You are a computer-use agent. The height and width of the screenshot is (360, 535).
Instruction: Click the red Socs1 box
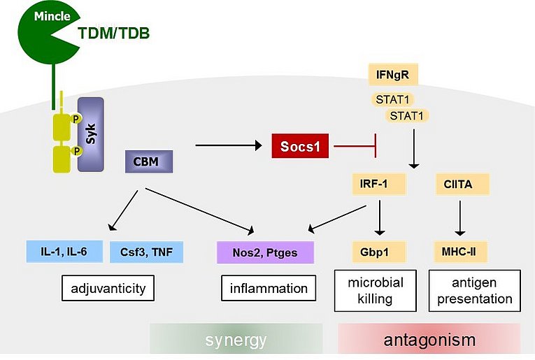pyautogui.click(x=300, y=146)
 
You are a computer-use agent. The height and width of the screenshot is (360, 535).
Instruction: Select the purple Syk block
pyautogui.click(x=91, y=134)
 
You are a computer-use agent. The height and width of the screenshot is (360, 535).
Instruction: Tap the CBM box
pyautogui.click(x=149, y=161)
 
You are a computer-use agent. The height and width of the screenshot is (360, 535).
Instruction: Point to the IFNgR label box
pyautogui.click(x=393, y=74)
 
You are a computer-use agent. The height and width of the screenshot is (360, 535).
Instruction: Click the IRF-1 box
pyautogui.click(x=379, y=184)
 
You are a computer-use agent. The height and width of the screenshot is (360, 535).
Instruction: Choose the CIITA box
pyautogui.click(x=462, y=184)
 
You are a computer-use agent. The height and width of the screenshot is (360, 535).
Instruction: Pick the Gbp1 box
pyautogui.click(x=379, y=252)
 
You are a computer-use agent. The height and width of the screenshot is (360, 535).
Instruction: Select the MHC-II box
pyautogui.click(x=461, y=252)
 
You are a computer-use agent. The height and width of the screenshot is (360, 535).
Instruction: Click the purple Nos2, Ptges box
pyautogui.click(x=266, y=252)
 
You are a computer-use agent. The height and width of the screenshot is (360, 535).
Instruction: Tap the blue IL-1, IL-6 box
pyautogui.click(x=64, y=252)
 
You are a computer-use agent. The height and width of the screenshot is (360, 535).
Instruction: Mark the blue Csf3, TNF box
pyautogui.click(x=146, y=252)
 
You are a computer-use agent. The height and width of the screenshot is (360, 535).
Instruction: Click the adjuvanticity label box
pyautogui.click(x=108, y=288)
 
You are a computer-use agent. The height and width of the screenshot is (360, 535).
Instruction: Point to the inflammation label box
pyautogui.click(x=269, y=288)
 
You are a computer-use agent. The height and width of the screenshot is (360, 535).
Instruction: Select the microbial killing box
pyautogui.click(x=376, y=291)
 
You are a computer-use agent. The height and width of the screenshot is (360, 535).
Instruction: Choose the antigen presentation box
pyautogui.click(x=475, y=291)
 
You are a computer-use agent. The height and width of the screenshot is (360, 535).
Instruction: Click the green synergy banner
pyautogui.click(x=236, y=339)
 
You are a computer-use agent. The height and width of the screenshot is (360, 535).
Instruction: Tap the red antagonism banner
pyautogui.click(x=429, y=339)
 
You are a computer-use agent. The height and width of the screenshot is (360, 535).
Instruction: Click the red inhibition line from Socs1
pyautogui.click(x=355, y=146)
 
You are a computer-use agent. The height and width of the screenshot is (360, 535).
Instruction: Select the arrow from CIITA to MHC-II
pyautogui.click(x=460, y=218)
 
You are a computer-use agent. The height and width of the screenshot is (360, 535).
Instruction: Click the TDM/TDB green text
pyautogui.click(x=113, y=33)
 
